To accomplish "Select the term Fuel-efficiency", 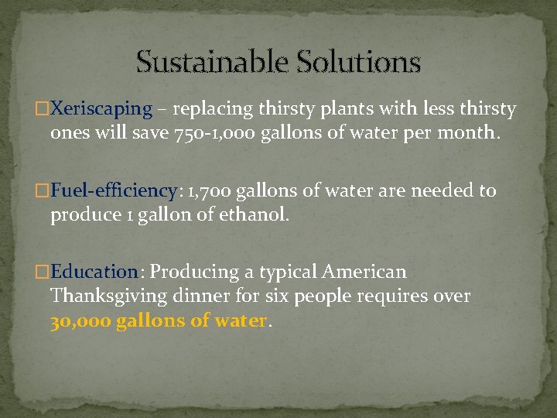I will click(114, 191).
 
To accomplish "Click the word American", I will click(364, 272).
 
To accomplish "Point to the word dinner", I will click(196, 296).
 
